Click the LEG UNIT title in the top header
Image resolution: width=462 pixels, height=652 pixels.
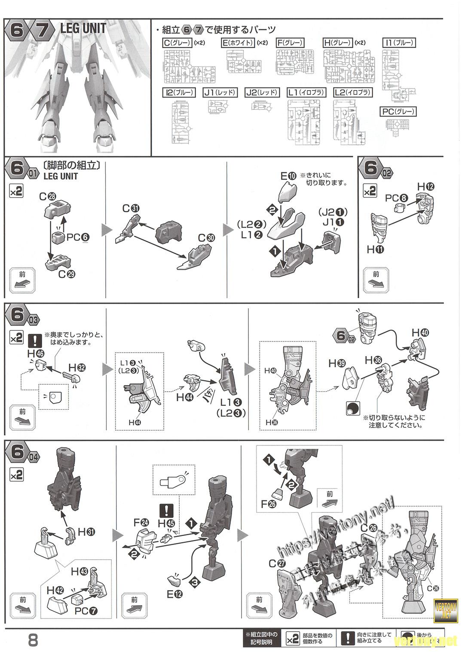[83, 29]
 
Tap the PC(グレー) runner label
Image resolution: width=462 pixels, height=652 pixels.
[398, 112]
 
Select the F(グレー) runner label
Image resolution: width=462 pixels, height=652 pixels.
[290, 43]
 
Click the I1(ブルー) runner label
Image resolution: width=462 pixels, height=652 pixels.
[399, 43]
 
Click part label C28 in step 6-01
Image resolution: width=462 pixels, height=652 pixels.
[47, 197]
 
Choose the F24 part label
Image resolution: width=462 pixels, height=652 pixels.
[141, 523]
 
